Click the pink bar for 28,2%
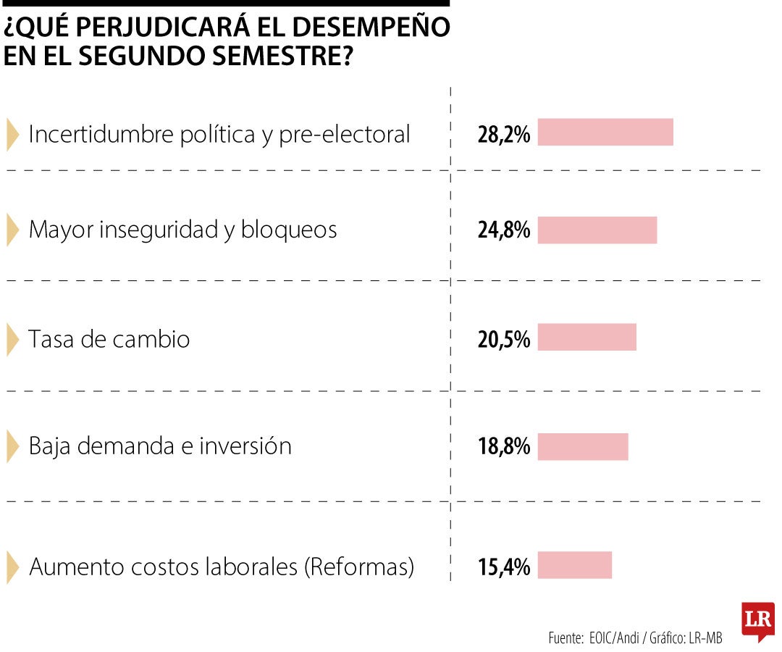[x=605, y=133]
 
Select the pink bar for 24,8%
[x=597, y=230]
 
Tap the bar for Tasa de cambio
[x=586, y=338]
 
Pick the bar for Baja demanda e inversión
[x=582, y=446]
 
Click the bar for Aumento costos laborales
[x=574, y=565]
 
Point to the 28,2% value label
[x=503, y=134]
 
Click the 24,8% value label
[x=503, y=231]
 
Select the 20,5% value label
[x=503, y=339]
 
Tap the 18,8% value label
[x=503, y=447]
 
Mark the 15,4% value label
[x=503, y=567]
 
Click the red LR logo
[x=757, y=621]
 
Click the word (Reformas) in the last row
[x=359, y=567]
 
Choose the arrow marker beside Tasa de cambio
[x=12, y=339]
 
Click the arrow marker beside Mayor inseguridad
[x=12, y=230]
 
